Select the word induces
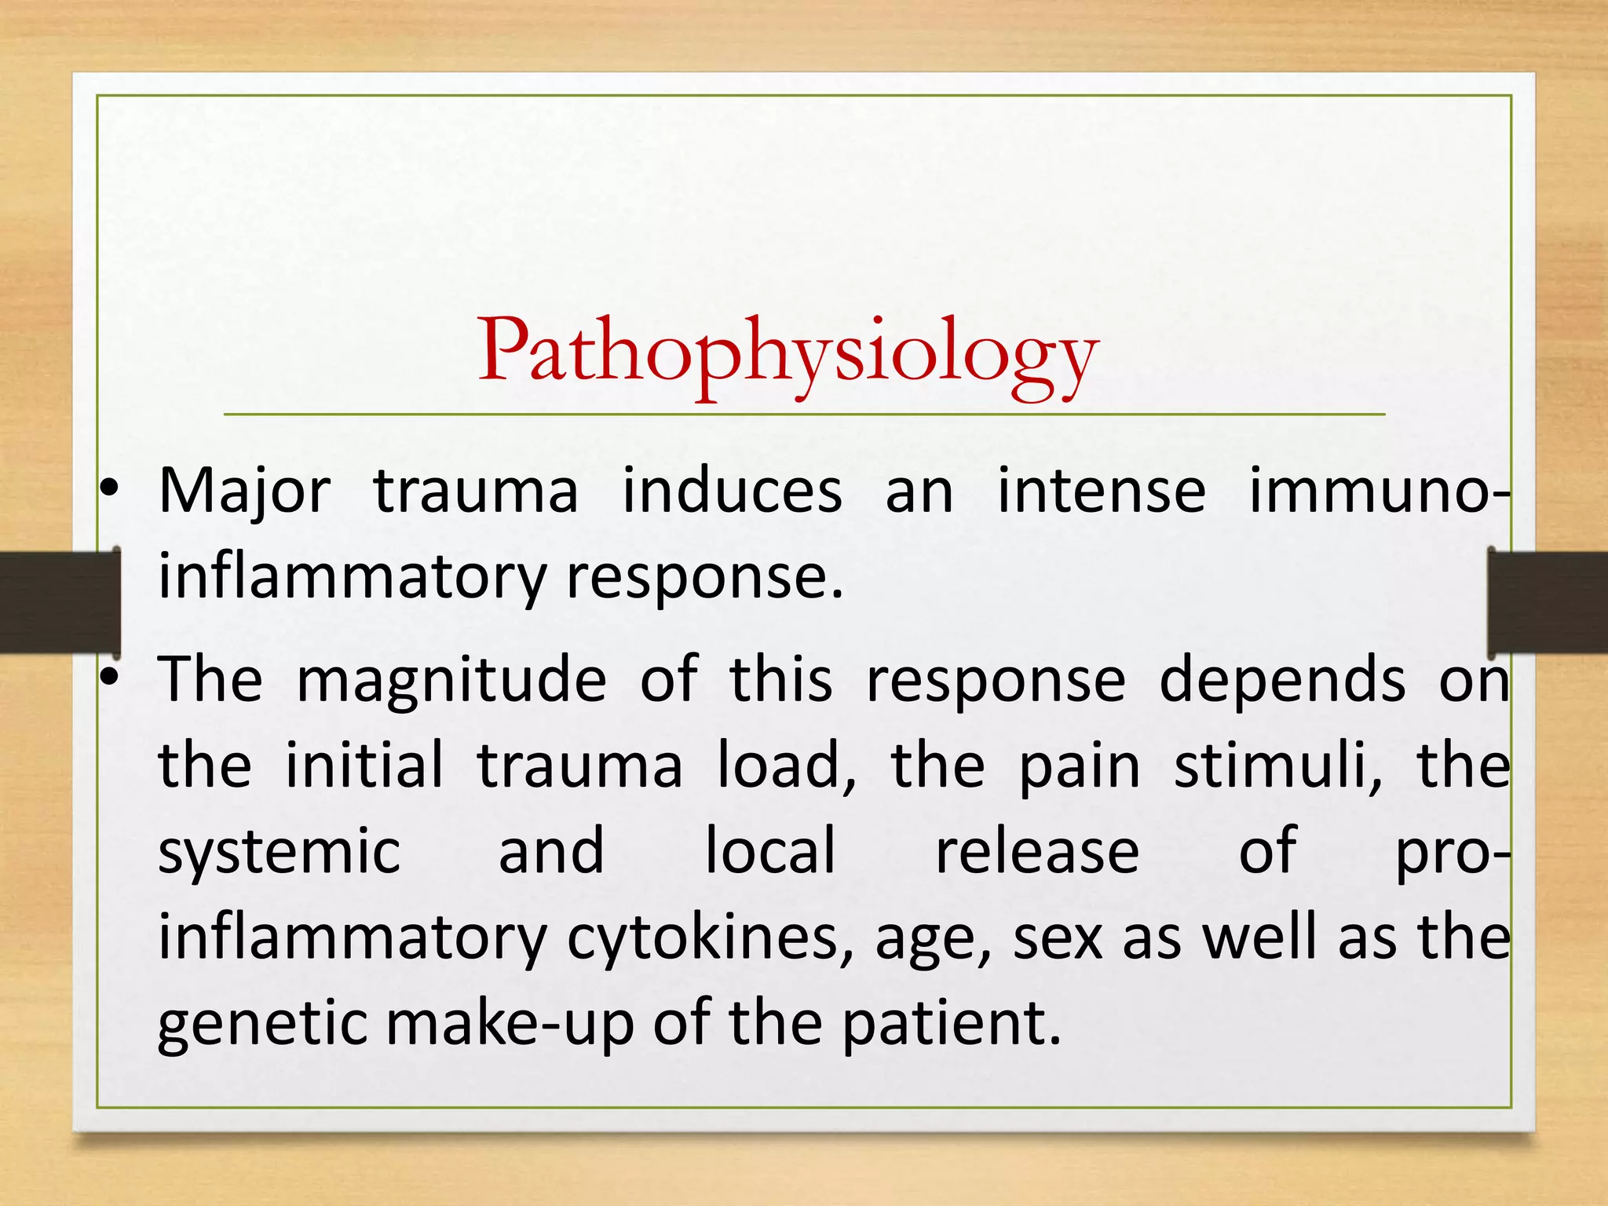point(733,492)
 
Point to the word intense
point(1102,492)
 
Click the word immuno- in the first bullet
point(1379,492)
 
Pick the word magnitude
point(451,680)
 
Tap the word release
point(1037,852)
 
